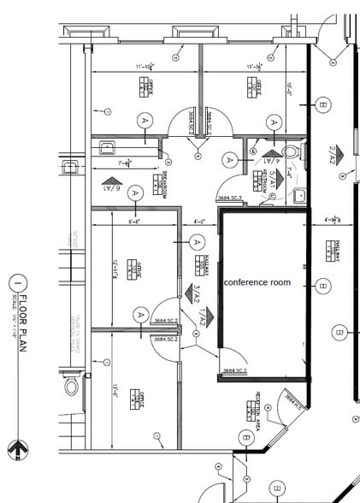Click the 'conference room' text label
click(x=257, y=281)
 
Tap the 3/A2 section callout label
click(x=197, y=293)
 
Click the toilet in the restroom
click(x=290, y=152)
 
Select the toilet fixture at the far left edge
click(x=71, y=387)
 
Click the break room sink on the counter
click(x=108, y=146)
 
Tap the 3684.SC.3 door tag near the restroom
click(x=229, y=198)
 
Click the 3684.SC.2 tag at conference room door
click(x=235, y=370)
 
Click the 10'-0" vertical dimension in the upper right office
click(x=289, y=88)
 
